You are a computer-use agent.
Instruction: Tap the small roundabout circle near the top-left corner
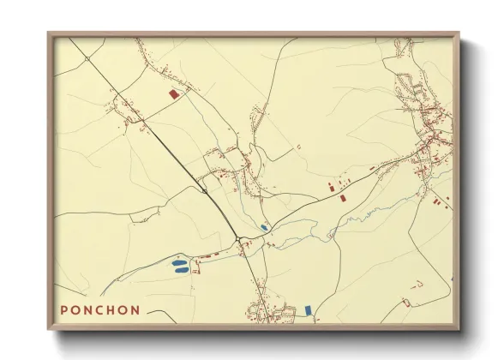coord(87,58)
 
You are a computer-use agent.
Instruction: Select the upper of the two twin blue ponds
coord(181,262)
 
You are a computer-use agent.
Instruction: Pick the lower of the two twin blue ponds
coord(181,270)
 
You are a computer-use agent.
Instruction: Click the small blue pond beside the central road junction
coord(264,227)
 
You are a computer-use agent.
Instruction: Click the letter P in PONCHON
coord(65,309)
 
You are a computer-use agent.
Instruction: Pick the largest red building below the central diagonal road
coord(343,197)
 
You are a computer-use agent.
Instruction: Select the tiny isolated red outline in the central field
coord(299,147)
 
